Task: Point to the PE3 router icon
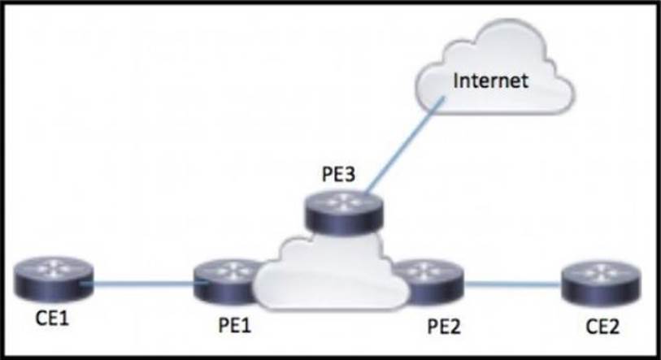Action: [342, 210]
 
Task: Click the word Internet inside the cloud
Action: [491, 80]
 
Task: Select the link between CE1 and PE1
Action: [142, 283]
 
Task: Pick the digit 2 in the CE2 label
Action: [619, 330]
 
